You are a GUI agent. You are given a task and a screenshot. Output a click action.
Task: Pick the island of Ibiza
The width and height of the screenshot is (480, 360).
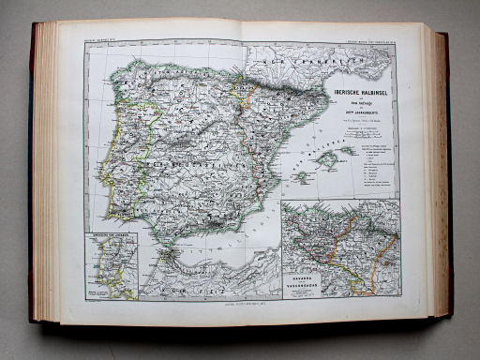[303, 175]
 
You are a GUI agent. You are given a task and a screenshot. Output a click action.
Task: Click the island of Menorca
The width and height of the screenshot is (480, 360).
[348, 150]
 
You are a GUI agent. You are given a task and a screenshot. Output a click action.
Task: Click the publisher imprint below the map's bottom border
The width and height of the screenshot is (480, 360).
[241, 305]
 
